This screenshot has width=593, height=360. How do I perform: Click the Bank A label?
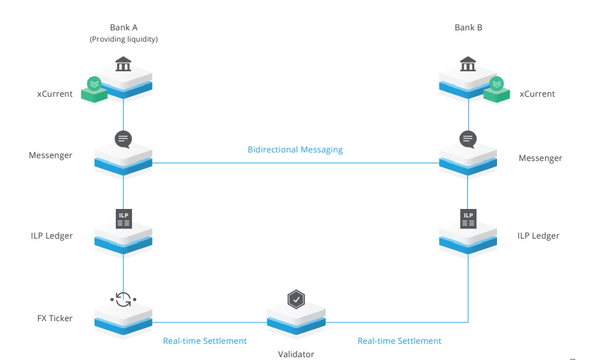point(124,28)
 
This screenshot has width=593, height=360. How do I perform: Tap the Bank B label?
point(468,28)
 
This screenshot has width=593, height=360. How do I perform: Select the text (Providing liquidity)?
point(124,40)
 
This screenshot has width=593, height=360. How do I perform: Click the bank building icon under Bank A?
point(124,64)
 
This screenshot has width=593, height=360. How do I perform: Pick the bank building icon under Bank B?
point(468,64)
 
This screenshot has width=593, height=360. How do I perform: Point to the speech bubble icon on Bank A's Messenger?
point(124,139)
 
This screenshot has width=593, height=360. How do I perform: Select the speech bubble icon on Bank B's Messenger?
point(468,139)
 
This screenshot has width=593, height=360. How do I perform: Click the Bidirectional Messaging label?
point(295,150)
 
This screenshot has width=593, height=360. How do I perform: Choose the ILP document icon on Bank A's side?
point(124,219)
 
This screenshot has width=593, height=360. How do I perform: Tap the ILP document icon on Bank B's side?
point(468,219)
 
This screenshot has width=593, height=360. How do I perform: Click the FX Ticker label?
point(55,318)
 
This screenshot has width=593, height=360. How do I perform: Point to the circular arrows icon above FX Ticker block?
point(124,299)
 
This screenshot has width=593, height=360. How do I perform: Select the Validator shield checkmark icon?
point(296,299)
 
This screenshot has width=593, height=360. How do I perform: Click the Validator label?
point(296,354)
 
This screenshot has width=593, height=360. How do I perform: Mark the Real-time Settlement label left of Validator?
point(205,341)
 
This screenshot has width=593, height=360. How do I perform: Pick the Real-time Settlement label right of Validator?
point(400,341)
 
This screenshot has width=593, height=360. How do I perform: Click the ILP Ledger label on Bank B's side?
point(538,236)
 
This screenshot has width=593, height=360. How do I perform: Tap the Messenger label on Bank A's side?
point(50,155)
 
